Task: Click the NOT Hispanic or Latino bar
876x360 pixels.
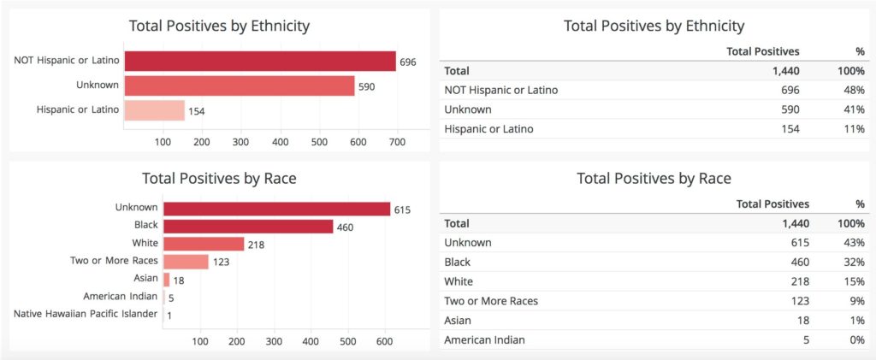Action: click(x=260, y=61)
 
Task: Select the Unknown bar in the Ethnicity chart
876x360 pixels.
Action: click(x=239, y=86)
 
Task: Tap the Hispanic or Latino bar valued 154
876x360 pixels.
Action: click(x=154, y=110)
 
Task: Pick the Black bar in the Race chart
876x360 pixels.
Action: click(x=248, y=226)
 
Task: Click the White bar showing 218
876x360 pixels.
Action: click(x=204, y=244)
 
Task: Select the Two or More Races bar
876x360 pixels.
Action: click(x=186, y=261)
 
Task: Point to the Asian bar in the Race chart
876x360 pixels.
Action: click(x=166, y=279)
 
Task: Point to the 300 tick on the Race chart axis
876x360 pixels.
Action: click(x=274, y=341)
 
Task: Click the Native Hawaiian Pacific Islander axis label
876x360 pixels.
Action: click(x=86, y=314)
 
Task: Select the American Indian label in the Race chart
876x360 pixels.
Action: click(x=121, y=296)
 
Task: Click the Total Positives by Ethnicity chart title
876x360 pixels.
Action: click(x=219, y=26)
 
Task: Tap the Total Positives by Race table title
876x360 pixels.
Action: click(x=654, y=178)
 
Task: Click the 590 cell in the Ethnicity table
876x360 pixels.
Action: click(x=790, y=109)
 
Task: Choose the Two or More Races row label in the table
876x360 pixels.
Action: click(x=491, y=300)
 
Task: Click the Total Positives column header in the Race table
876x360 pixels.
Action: click(x=772, y=204)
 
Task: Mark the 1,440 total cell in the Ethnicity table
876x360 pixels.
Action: click(x=785, y=71)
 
